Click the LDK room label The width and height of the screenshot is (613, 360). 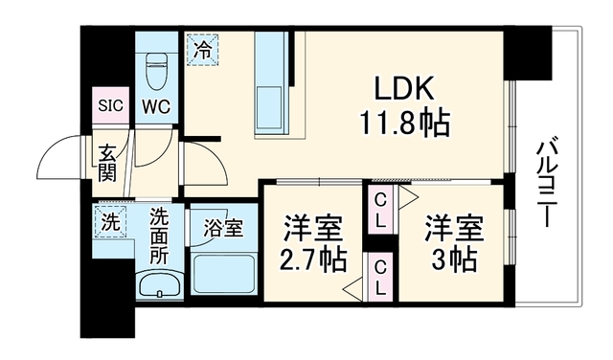coord(404,88)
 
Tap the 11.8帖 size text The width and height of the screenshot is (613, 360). coord(404,123)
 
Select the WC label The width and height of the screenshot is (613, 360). coord(156,106)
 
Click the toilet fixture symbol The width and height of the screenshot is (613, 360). coord(156,70)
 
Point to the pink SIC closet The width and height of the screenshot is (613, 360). coord(111,105)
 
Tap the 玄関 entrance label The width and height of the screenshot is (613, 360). coord(107,163)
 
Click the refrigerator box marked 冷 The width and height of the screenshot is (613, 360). coord(202,50)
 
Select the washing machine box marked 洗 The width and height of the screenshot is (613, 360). coord(111,222)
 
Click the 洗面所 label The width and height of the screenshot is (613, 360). coord(160,236)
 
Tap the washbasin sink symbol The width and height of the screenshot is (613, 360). coord(160,284)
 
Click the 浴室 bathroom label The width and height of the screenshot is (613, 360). coord(223,228)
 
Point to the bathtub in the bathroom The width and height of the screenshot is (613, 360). coord(223,274)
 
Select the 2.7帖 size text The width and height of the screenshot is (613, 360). coord(313,260)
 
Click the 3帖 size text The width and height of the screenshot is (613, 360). coord(453,259)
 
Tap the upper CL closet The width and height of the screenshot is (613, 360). coord(380,211)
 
